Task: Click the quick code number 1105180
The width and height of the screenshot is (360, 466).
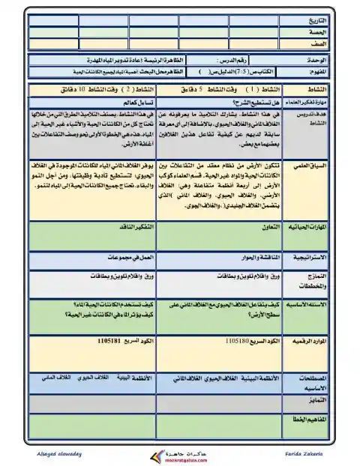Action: point(237,340)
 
